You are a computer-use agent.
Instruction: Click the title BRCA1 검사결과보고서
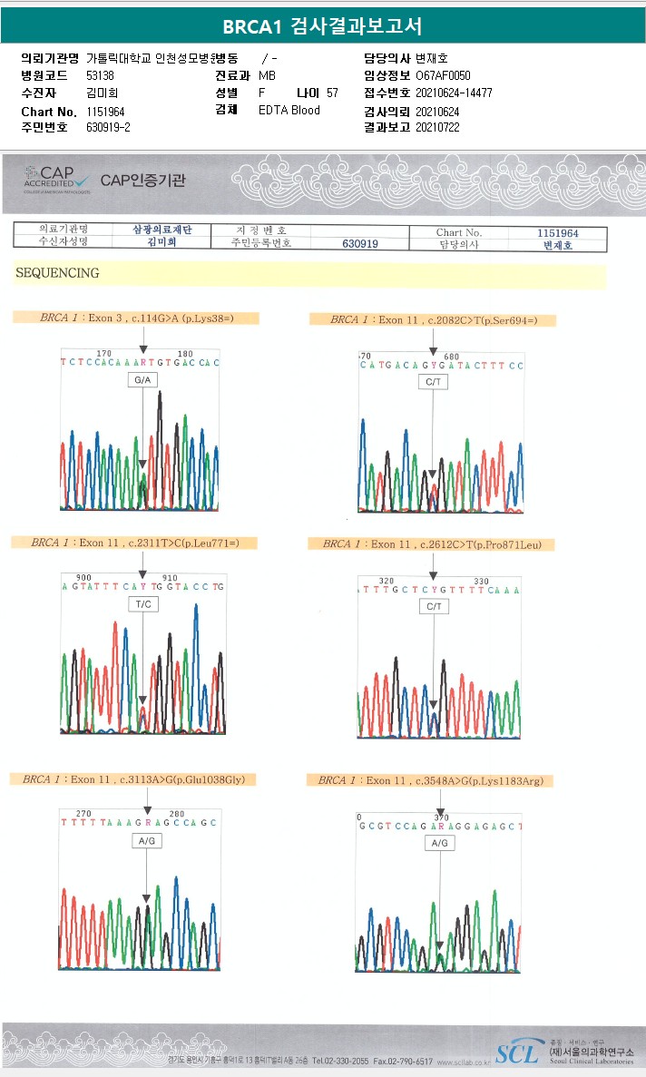pos(322,26)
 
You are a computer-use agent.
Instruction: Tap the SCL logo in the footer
pos(515,1051)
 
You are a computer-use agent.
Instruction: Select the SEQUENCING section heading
pos(57,273)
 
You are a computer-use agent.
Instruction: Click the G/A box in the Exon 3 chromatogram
pos(143,380)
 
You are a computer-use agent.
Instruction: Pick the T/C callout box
pos(143,603)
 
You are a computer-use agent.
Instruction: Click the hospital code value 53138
pos(100,75)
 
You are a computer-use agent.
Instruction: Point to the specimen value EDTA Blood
pos(289,111)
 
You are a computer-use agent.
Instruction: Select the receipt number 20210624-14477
pos(454,93)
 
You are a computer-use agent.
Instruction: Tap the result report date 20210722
pos(437,128)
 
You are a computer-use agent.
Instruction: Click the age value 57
pos(332,93)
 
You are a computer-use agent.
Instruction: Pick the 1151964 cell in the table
pos(557,233)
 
